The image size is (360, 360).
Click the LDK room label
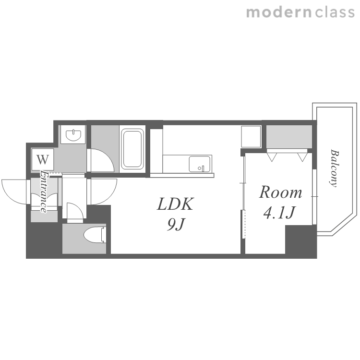(175, 204)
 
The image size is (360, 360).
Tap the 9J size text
(176, 224)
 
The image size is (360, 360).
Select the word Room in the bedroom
(280, 192)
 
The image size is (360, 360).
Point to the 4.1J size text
(279, 212)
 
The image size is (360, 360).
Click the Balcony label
(334, 168)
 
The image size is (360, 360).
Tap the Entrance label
(44, 192)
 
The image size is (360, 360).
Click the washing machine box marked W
(43, 159)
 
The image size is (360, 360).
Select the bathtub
(132, 149)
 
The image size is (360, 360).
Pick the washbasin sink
(73, 135)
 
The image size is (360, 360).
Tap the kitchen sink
(199, 164)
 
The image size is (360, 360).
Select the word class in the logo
(335, 12)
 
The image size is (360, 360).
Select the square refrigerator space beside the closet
(251, 137)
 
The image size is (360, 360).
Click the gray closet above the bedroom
(289, 137)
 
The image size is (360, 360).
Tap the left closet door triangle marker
(272, 157)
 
